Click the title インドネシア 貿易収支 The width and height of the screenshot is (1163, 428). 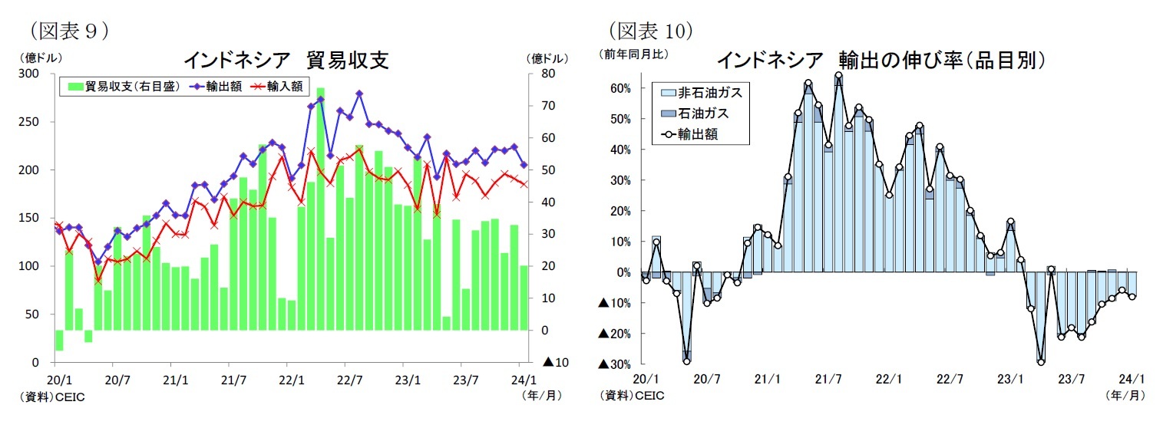pos(286,61)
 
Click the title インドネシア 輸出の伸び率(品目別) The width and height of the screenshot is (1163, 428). pos(882,61)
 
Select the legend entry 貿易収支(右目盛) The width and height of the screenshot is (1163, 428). pos(124,87)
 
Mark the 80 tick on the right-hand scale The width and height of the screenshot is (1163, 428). pos(548,74)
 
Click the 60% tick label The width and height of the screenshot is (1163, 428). pos(619,88)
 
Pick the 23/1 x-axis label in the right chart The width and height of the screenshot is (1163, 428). pos(1009,379)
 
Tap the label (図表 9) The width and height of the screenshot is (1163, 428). pos(68,31)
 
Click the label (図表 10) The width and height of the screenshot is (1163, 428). pos(650,31)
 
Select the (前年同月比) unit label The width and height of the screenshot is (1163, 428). pos(635,54)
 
